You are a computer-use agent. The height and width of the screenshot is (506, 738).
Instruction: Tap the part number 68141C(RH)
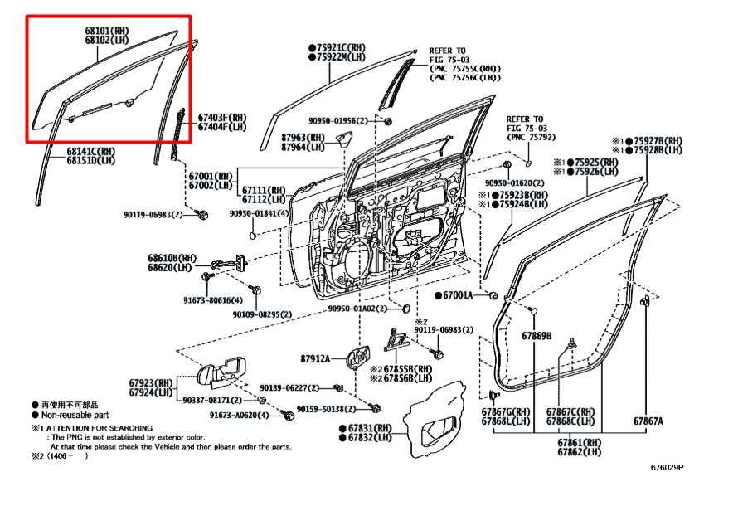click(x=90, y=152)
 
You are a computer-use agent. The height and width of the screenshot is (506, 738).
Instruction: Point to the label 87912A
click(x=316, y=358)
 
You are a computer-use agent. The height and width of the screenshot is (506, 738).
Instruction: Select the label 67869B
click(x=537, y=336)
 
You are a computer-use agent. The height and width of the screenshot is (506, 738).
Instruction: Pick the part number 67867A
click(x=648, y=421)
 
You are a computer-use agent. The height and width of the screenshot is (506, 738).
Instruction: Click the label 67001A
click(x=457, y=294)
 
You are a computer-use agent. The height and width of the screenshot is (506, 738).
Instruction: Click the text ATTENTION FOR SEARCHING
click(x=102, y=427)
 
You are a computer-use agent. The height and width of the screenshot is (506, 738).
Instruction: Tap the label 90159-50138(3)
click(x=330, y=409)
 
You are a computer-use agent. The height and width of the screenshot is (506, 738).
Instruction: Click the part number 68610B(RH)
click(x=173, y=258)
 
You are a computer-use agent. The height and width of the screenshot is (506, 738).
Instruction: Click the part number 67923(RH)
click(x=151, y=383)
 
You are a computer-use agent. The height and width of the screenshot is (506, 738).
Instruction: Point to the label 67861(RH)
click(x=580, y=442)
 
